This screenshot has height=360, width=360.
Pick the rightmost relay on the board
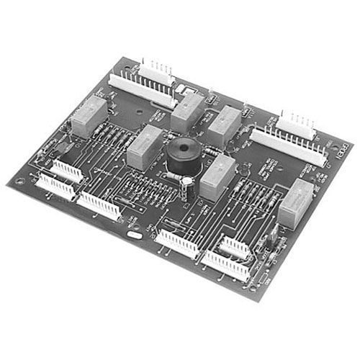click(x=296, y=203)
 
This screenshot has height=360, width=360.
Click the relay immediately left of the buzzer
click(x=145, y=146)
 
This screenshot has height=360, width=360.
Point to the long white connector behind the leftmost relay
click(x=140, y=86)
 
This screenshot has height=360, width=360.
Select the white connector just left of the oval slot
click(x=100, y=206)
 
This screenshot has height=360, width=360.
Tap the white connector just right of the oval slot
click(x=178, y=243)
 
